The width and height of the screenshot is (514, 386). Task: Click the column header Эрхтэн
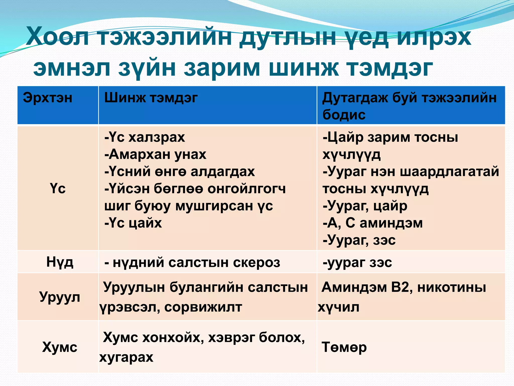[x=48, y=98]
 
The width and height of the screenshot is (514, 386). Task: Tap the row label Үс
[x=58, y=188]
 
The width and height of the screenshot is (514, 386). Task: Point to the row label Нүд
[x=60, y=262]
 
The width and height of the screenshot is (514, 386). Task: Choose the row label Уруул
[x=60, y=297]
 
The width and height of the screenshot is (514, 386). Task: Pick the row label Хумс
[x=60, y=347]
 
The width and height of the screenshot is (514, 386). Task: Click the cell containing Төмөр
[x=344, y=347]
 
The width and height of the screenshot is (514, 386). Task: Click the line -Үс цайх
[x=133, y=223]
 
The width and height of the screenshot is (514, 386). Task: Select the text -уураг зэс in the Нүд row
[x=357, y=263]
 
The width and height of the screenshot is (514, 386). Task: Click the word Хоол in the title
[x=57, y=37]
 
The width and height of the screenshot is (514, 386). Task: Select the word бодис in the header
[x=344, y=115]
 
